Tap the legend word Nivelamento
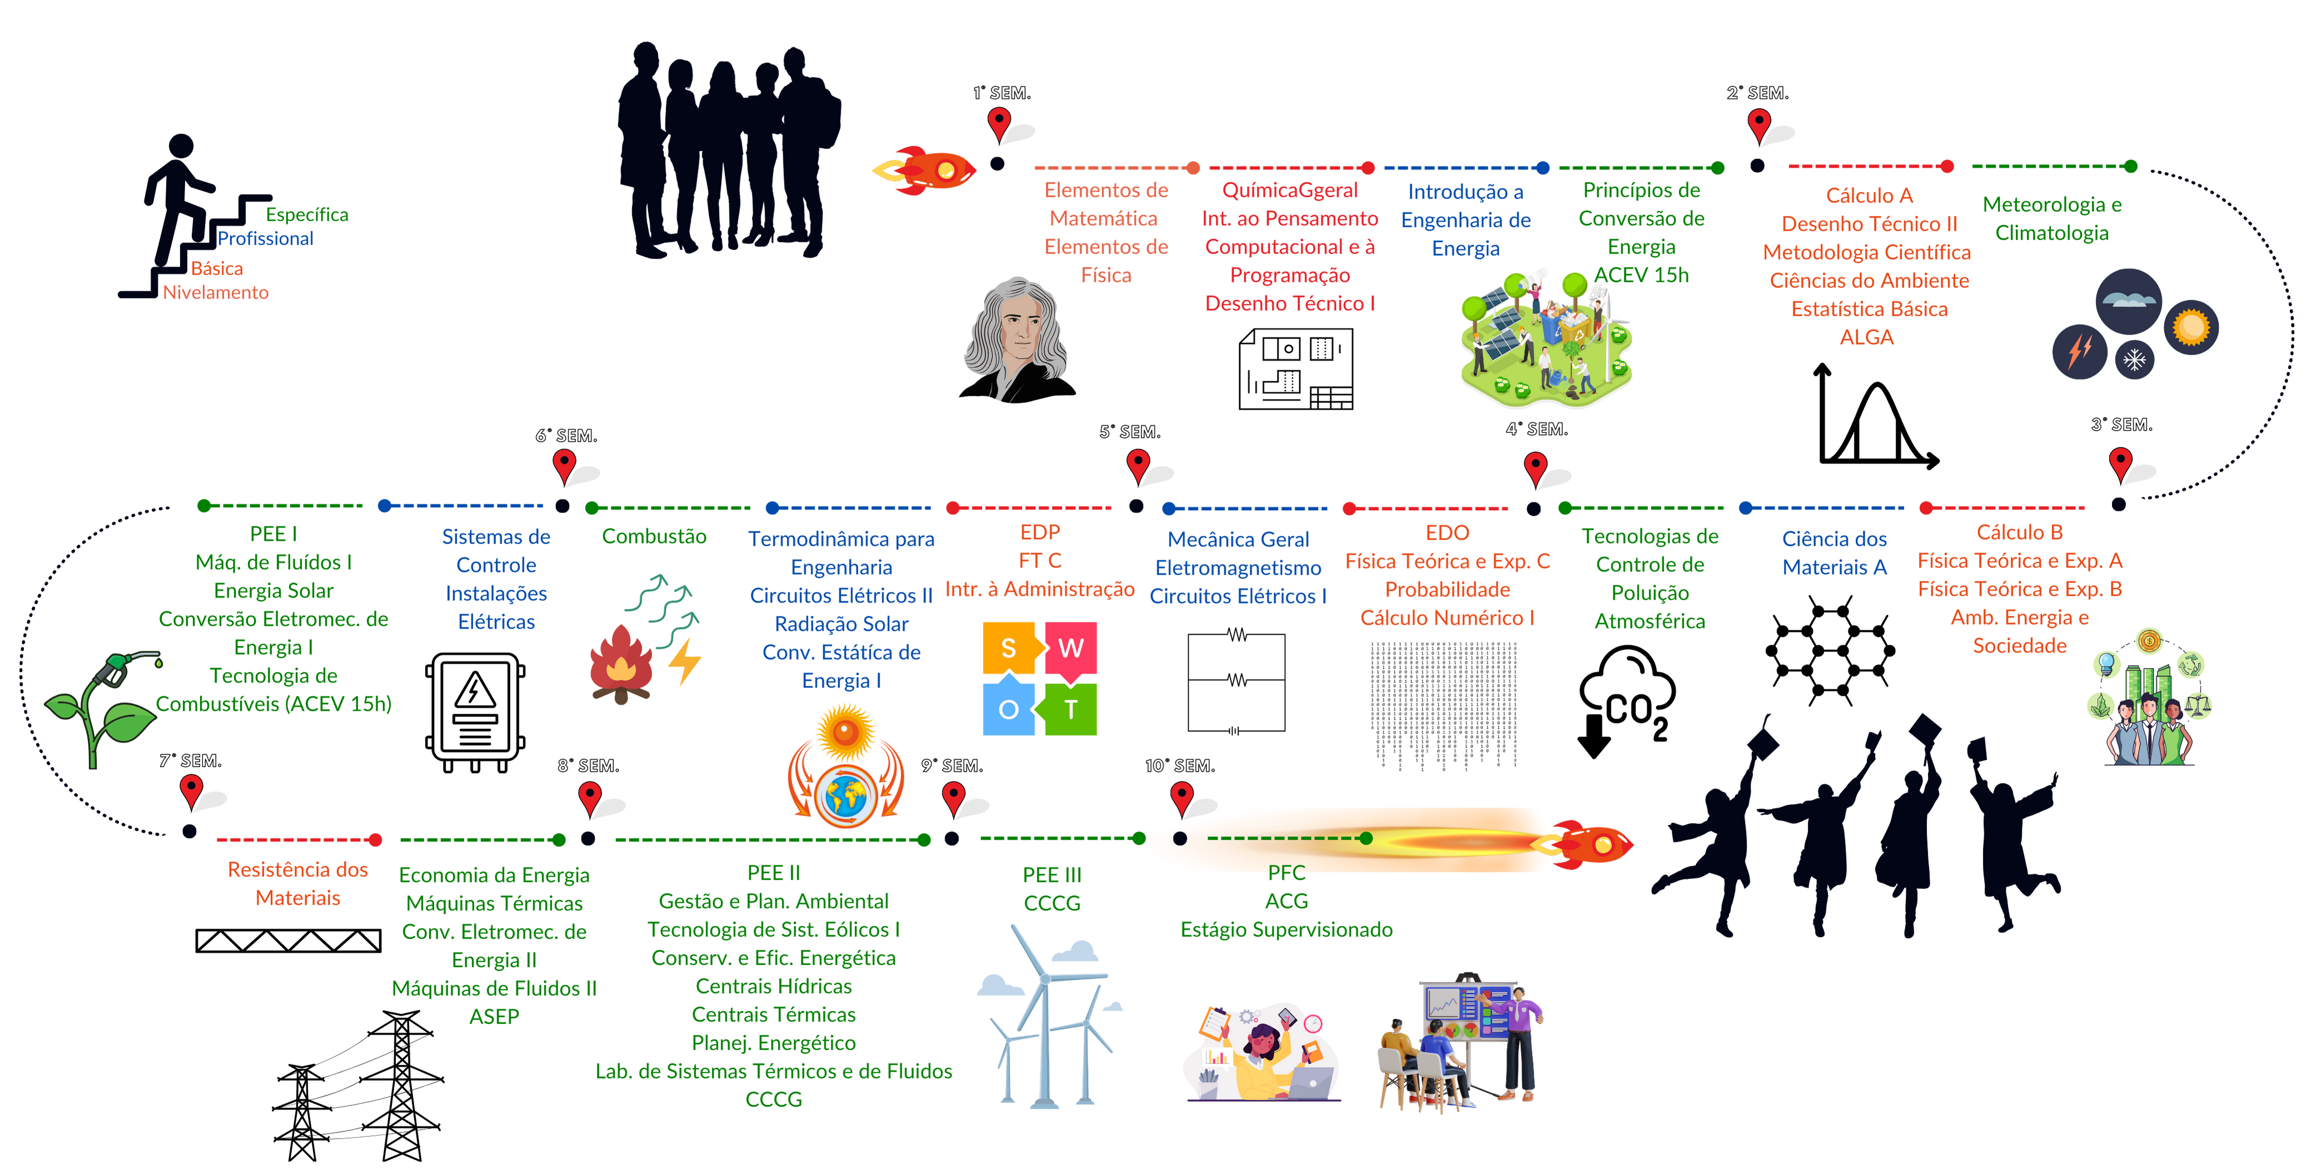click(x=215, y=292)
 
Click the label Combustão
click(x=653, y=536)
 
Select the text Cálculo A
click(x=1868, y=196)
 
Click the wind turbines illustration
click(x=1050, y=1023)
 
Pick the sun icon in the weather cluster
click(x=2191, y=327)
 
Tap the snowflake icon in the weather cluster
click(x=2134, y=360)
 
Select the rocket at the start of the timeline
click(x=926, y=170)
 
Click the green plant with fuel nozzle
click(x=103, y=709)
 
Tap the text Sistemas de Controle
click(x=495, y=551)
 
